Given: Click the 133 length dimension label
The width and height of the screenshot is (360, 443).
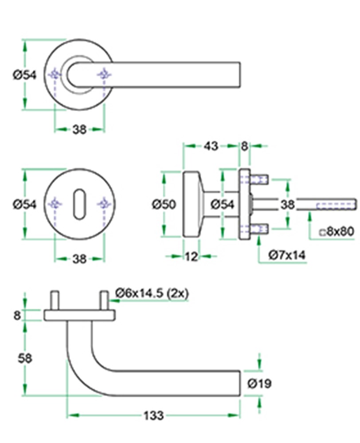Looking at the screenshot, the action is pyautogui.click(x=153, y=416).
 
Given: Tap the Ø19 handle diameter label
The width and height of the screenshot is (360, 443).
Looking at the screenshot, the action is pyautogui.click(x=259, y=383).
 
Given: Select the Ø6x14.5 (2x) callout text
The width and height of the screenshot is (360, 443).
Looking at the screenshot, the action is pyautogui.click(x=152, y=293).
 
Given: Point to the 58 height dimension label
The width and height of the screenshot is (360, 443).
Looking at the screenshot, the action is pyautogui.click(x=25, y=358).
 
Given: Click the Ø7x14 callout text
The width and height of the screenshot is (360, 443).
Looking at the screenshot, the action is pyautogui.click(x=287, y=255).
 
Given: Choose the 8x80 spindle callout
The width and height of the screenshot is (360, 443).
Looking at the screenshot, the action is pyautogui.click(x=337, y=232).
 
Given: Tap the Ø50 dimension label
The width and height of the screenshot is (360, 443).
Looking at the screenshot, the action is pyautogui.click(x=164, y=204).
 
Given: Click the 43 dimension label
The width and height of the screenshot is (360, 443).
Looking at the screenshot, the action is pyautogui.click(x=211, y=146).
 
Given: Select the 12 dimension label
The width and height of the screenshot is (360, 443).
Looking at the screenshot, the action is pyautogui.click(x=191, y=256).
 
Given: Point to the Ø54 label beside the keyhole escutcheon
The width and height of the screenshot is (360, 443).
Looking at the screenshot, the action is pyautogui.click(x=25, y=204).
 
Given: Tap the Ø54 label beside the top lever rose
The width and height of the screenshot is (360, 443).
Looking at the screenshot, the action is pyautogui.click(x=25, y=75).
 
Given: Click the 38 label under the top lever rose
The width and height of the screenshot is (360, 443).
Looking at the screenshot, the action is pyautogui.click(x=79, y=130).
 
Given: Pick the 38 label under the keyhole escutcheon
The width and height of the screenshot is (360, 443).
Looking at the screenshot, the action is pyautogui.click(x=79, y=259).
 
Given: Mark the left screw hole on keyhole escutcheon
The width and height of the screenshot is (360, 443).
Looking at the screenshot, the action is pyautogui.click(x=55, y=204).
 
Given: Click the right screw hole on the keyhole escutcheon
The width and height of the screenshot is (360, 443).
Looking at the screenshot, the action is pyautogui.click(x=104, y=204).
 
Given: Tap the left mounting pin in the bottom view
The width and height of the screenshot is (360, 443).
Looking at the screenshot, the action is pyautogui.click(x=55, y=301).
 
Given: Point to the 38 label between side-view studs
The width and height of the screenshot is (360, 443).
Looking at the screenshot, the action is pyautogui.click(x=288, y=204).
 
